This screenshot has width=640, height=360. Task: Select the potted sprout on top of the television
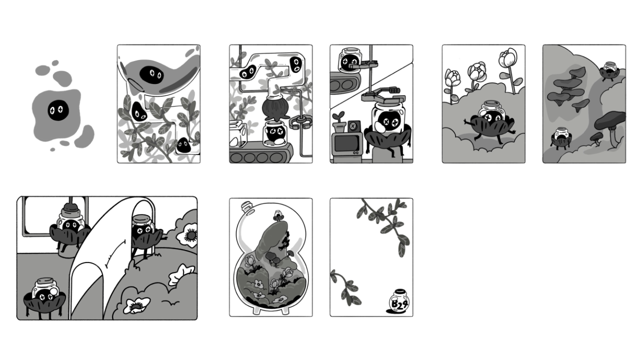[x=339, y=122]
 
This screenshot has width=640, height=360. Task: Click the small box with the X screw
[x=353, y=126]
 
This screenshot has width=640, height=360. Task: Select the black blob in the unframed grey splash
[x=58, y=110]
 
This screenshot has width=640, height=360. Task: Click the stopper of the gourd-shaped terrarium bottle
[x=246, y=206]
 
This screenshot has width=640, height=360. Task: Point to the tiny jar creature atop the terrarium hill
[x=277, y=215]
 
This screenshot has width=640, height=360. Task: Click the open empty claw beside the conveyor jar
[x=300, y=122]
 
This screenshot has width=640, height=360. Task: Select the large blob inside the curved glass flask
[x=151, y=75]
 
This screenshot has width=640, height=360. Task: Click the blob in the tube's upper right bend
[x=295, y=65]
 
